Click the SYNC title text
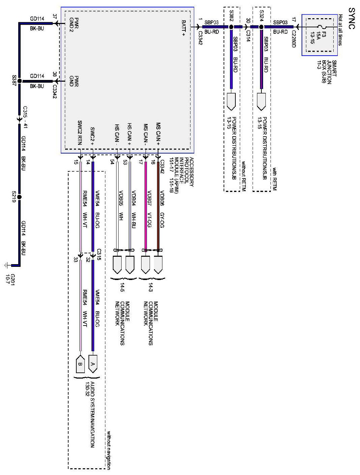point(351,18)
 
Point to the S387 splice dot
point(19,81)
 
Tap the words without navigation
point(108,449)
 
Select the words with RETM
point(274,179)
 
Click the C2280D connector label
point(293,39)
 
